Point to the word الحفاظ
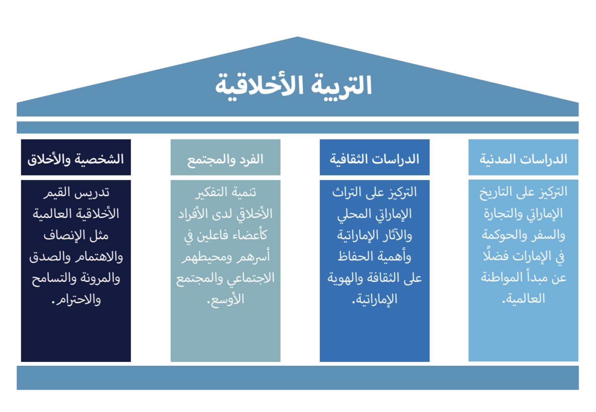click(354, 256)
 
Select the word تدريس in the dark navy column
click(95, 192)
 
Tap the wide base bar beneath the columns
click(298, 378)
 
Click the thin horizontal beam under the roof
click(298, 128)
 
